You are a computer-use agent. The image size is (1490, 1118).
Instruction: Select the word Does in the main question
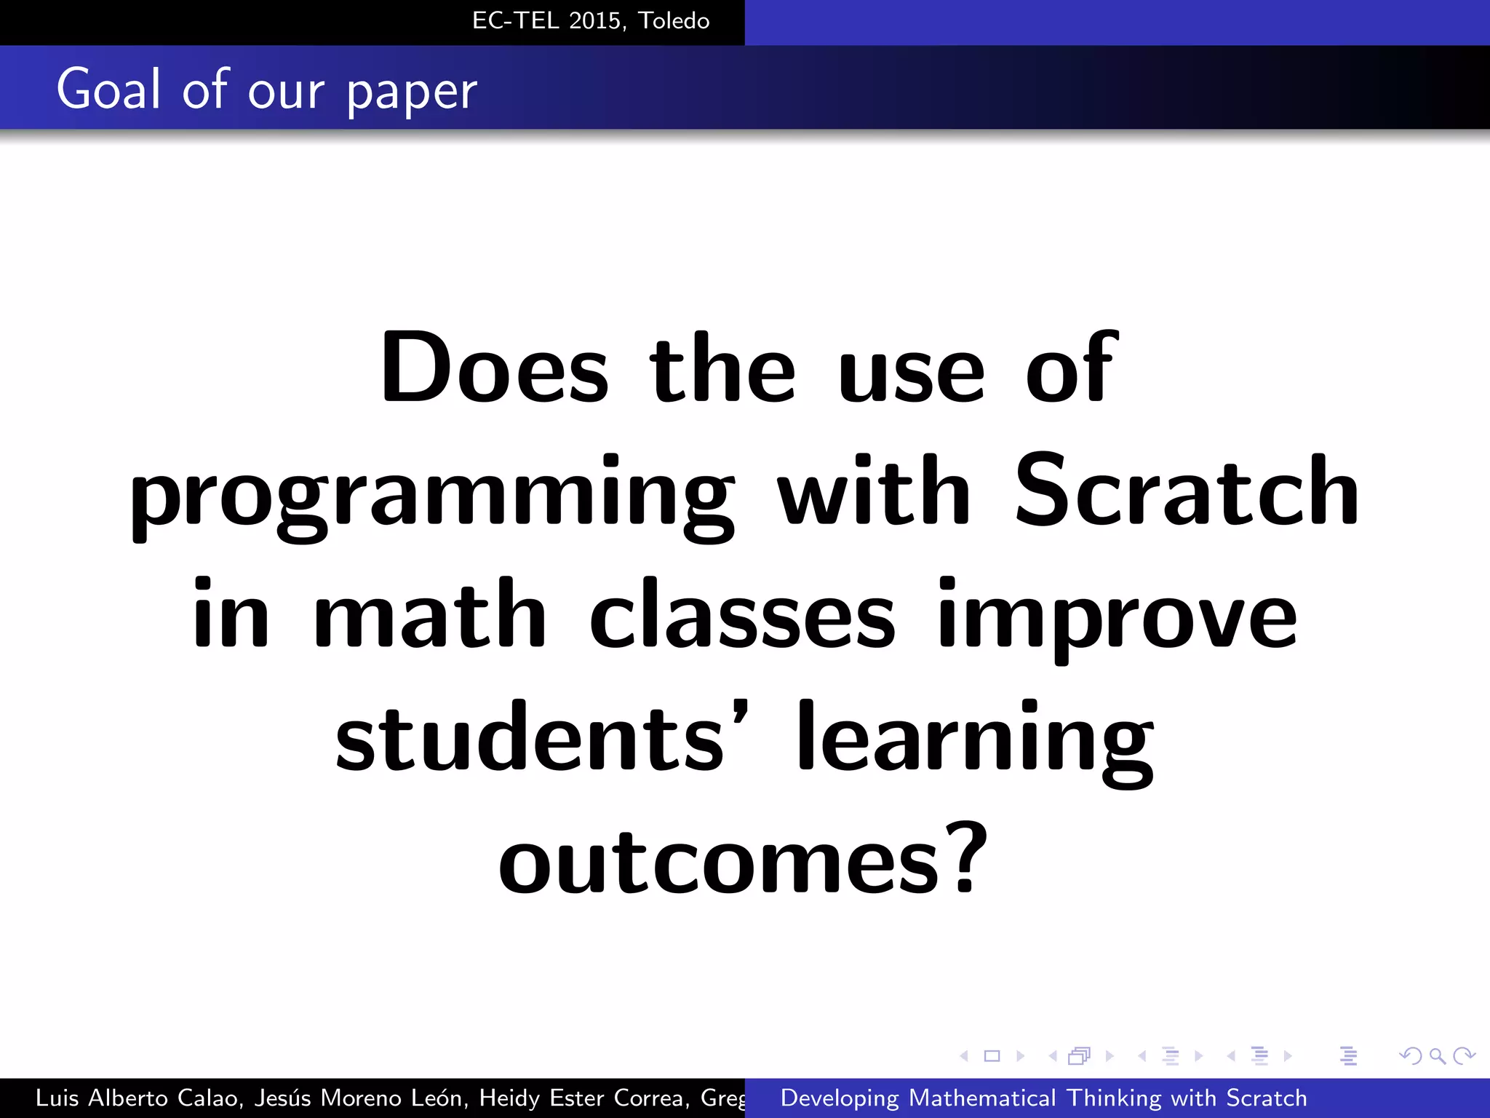494,368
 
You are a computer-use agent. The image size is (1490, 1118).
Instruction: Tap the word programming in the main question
432,495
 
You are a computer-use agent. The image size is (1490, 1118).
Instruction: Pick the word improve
1117,617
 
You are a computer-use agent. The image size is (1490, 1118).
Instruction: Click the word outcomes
720,861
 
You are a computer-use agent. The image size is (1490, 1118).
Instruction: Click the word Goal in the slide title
108,89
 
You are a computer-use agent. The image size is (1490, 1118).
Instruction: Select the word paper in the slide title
411,92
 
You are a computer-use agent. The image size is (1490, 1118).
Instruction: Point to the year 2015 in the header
595,21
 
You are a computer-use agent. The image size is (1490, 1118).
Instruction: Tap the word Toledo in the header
674,21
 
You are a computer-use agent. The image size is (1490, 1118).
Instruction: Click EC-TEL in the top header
516,21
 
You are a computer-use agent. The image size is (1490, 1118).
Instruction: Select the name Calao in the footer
207,1098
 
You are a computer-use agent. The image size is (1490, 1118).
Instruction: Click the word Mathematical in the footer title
982,1098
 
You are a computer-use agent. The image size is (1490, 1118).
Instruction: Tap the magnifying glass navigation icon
1437,1055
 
